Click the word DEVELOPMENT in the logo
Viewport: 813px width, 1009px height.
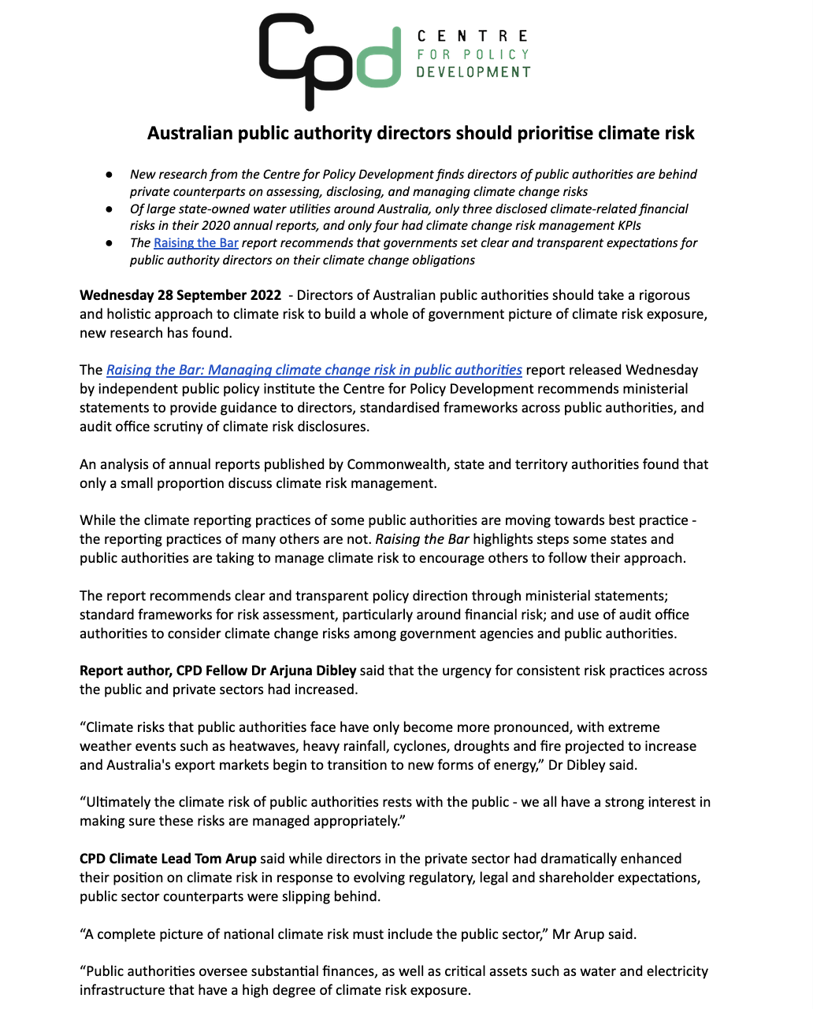pos(473,72)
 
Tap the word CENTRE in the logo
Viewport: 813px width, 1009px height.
pos(473,36)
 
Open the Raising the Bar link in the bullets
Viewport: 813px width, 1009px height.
pos(196,243)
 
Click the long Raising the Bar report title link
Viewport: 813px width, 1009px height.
pos(314,370)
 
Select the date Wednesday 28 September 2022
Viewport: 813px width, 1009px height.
pos(180,295)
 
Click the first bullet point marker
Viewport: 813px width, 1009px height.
pos(110,175)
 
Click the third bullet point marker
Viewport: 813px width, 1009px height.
pos(110,243)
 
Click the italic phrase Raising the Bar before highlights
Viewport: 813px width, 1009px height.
pos(422,539)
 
